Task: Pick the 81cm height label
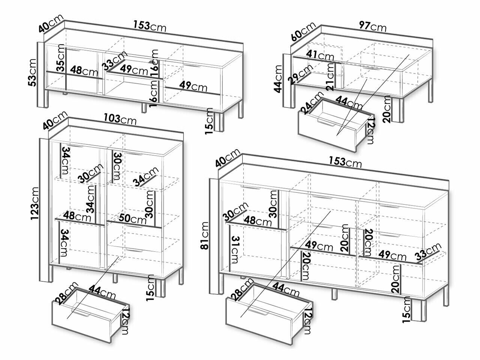pyautogui.click(x=204, y=235)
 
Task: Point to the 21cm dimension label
pyautogui.click(x=330, y=77)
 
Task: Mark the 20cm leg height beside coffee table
pyautogui.click(x=387, y=109)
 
